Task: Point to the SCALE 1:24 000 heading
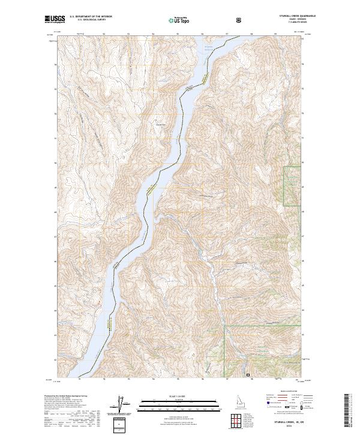click(179, 396)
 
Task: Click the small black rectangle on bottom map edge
click(248, 374)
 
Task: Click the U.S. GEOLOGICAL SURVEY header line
click(88, 20)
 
